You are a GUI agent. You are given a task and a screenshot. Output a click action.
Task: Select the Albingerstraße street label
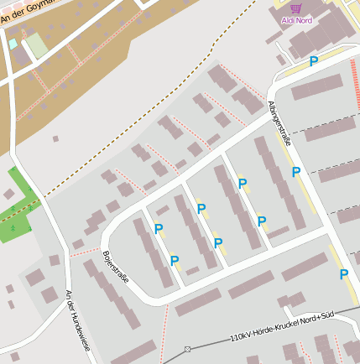(280, 123)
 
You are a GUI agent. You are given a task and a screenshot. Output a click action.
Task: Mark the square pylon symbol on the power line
(188, 348)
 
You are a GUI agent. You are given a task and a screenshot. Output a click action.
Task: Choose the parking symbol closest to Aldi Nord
(314, 61)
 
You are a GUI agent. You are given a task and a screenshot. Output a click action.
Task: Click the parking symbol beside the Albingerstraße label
(296, 172)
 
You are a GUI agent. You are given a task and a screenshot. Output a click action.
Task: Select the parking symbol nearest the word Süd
(344, 274)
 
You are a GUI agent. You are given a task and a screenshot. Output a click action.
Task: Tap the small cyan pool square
(13, 44)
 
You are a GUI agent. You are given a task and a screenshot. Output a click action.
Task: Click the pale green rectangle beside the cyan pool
(36, 44)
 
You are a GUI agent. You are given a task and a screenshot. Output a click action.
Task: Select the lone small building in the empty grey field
(55, 138)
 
